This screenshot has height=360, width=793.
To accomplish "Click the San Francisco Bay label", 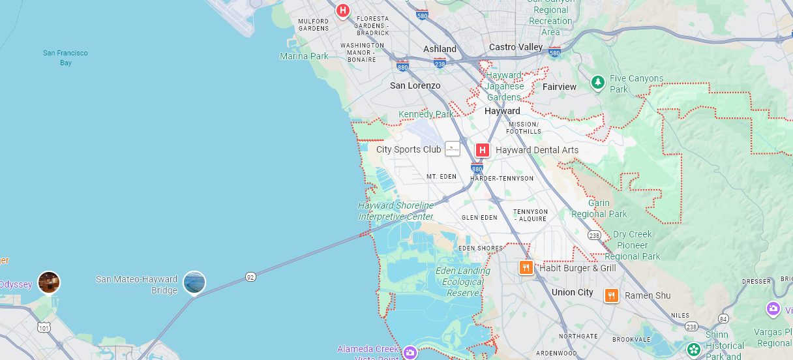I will click(65, 57).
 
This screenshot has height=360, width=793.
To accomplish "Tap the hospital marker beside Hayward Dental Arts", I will click(483, 150).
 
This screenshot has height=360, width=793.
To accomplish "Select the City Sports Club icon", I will click(453, 149).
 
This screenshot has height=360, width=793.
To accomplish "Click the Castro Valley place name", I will click(516, 47).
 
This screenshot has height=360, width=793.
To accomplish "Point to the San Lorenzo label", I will click(415, 85).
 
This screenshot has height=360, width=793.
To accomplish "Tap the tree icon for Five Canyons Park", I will click(597, 83).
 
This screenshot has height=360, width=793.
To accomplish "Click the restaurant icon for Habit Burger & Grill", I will click(526, 267).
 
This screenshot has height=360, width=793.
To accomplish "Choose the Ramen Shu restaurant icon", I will click(611, 295).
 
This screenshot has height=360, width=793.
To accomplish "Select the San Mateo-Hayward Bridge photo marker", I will click(194, 282).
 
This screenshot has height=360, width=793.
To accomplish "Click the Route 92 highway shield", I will click(250, 277).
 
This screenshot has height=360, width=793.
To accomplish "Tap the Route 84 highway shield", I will click(724, 318).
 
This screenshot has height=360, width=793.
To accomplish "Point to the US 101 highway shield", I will click(44, 327).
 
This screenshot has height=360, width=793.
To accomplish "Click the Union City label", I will click(573, 292).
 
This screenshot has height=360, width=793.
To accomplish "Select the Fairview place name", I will click(560, 87).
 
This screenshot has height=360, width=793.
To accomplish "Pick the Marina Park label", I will click(305, 56).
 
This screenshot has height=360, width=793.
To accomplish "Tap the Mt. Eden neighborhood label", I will click(441, 177).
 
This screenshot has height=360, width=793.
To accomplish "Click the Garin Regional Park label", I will click(599, 209).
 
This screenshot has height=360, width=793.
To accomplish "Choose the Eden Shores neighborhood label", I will click(481, 248).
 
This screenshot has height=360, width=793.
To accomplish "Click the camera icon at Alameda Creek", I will click(410, 353).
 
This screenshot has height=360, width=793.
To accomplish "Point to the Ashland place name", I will click(440, 49).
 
